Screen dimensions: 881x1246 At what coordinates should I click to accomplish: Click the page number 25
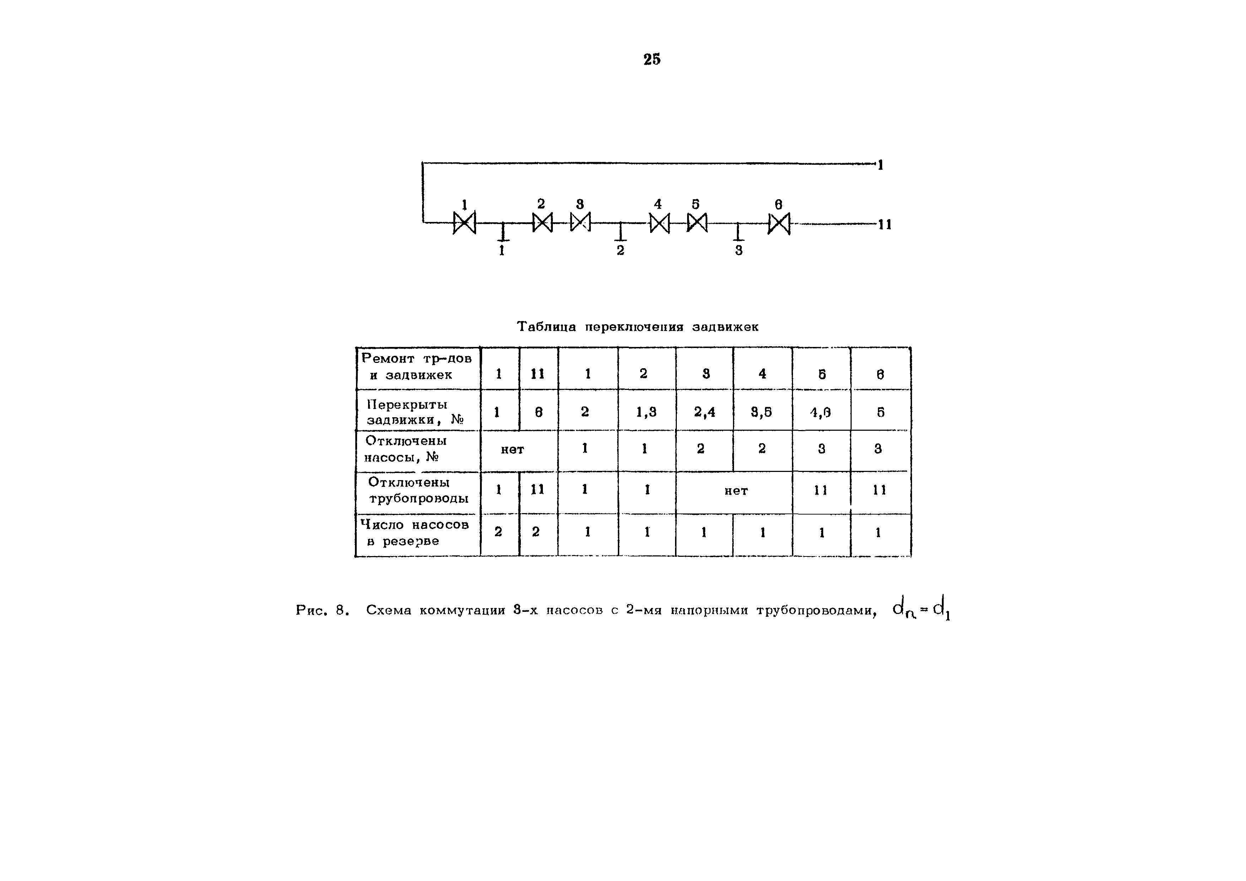pyautogui.click(x=652, y=59)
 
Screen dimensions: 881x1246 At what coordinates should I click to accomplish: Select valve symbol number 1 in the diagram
pyautogui.click(x=464, y=222)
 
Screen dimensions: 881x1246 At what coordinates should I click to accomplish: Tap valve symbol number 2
pyautogui.click(x=542, y=222)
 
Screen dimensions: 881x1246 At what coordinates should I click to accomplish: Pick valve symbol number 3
pyautogui.click(x=580, y=222)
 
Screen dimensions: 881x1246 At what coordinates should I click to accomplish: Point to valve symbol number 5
pyautogui.click(x=697, y=222)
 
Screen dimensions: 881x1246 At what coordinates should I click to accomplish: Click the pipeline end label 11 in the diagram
pyautogui.click(x=885, y=224)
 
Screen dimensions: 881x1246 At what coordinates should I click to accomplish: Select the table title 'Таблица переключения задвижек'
pyautogui.click(x=638, y=327)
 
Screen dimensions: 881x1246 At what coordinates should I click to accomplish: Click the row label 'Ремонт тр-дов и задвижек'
pyautogui.click(x=417, y=367)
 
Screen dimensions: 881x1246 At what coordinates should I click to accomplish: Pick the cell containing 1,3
pyautogui.click(x=646, y=412)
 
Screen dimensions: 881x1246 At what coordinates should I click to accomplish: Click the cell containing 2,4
pyautogui.click(x=705, y=412)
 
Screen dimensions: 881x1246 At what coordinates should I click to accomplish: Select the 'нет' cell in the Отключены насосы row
pyautogui.click(x=512, y=449)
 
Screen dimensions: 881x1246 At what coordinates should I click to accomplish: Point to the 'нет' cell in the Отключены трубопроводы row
pyautogui.click(x=736, y=491)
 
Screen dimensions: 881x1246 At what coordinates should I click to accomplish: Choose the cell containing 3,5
pyautogui.click(x=762, y=412)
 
